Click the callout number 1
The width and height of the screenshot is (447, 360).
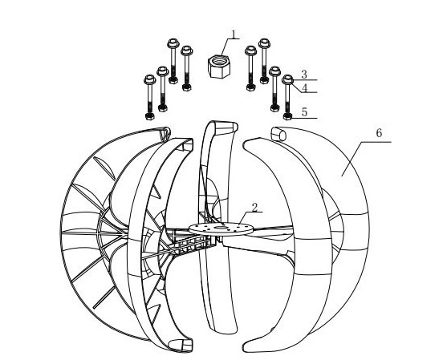234,34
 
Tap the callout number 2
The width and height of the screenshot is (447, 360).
254,208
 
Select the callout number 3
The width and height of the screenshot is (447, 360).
304,75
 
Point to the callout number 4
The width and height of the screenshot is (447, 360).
304,88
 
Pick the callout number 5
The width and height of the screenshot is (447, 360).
304,112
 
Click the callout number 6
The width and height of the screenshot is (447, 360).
379,133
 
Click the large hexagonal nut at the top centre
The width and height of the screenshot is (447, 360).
218,66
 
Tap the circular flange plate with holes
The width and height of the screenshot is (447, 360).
221,229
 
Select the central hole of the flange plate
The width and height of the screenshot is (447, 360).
221,227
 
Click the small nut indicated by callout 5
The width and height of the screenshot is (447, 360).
287,116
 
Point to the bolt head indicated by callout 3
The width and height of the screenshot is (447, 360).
287,79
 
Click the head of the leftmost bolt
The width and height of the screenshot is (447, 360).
150,79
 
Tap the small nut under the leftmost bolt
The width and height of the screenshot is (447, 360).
150,116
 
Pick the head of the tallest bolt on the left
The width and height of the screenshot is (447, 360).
173,43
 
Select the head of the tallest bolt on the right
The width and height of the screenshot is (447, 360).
264,43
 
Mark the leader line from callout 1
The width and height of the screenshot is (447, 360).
227,46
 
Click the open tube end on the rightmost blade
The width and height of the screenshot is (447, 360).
278,135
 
